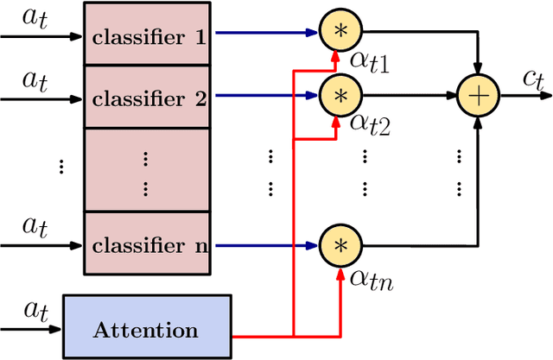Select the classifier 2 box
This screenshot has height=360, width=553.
point(149,98)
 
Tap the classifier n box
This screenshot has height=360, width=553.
point(149,244)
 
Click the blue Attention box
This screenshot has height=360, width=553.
point(146,328)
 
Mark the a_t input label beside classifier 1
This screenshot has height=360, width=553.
point(35,17)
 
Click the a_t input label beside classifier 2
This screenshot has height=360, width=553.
point(35,79)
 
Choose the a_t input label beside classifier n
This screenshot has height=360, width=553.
point(35,226)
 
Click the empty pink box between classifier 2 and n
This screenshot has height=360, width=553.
point(149,169)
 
